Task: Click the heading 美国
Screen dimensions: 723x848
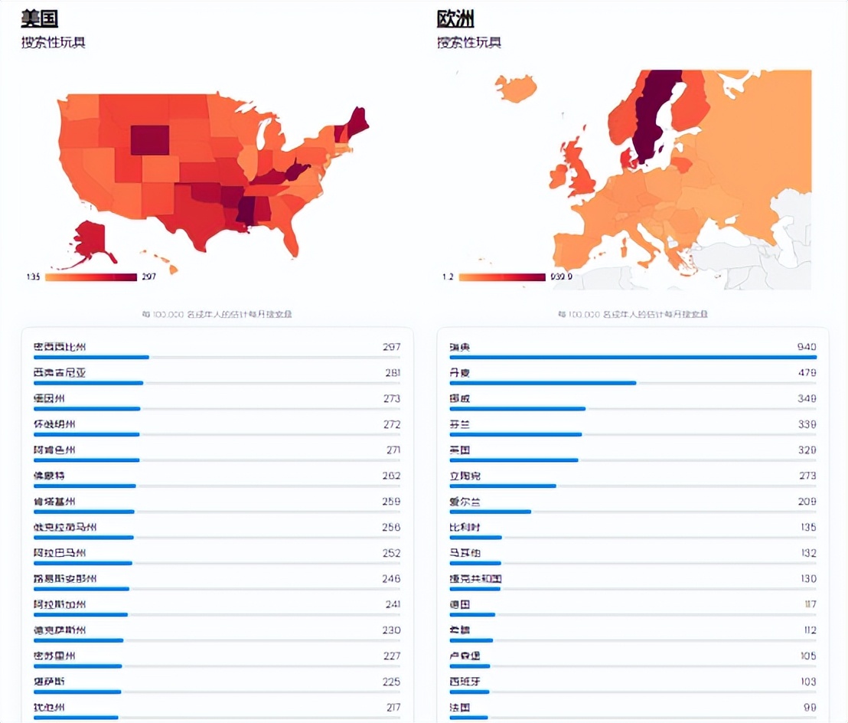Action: point(40,18)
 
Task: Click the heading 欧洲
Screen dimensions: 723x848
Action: point(455,18)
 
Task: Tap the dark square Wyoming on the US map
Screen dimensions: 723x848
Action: point(150,140)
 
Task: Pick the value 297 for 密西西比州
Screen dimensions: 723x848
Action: point(391,347)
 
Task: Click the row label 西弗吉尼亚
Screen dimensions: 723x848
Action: point(60,373)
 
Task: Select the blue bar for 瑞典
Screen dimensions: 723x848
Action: point(633,357)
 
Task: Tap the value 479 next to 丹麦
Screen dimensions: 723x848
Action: point(807,373)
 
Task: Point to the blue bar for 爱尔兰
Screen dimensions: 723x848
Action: point(490,512)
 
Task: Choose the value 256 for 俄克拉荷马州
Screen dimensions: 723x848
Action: point(391,527)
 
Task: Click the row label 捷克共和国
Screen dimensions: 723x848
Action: point(475,578)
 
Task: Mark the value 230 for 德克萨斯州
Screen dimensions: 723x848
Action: point(391,630)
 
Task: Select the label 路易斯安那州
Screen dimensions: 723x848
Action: point(64,578)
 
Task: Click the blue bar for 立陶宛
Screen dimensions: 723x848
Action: point(503,486)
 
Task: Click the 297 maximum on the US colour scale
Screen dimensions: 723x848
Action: point(148,276)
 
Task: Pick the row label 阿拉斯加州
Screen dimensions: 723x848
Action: point(60,604)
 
